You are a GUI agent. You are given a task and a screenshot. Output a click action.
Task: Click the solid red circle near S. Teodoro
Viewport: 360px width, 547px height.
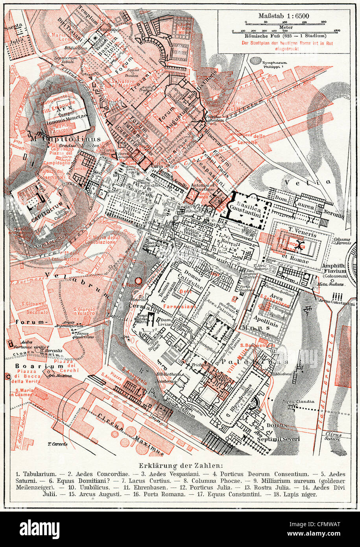coord(138,281)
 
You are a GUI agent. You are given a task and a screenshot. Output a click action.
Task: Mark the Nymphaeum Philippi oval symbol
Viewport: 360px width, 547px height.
coord(255,61)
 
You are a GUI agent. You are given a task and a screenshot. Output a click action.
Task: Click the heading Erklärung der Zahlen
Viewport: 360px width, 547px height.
coord(180,466)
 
